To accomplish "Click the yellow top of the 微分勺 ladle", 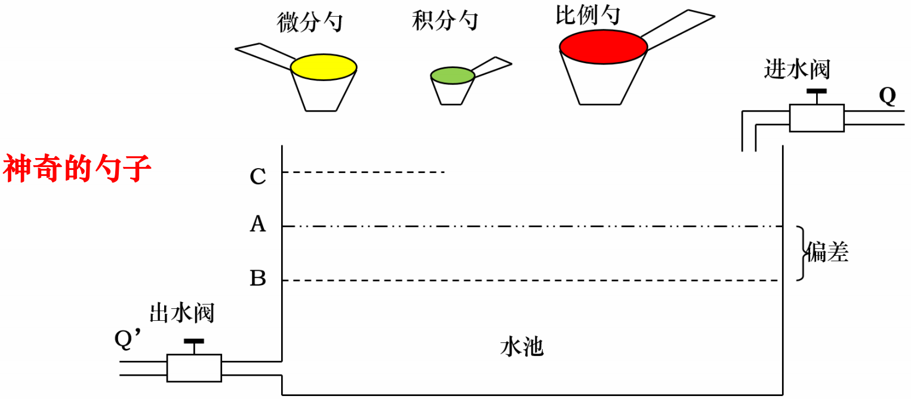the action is pos(324,67).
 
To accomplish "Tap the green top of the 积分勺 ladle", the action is pos(453,75).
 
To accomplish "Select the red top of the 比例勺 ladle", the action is pos(603,47).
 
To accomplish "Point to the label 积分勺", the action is pos(445,21).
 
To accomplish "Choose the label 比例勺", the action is pos(587,16).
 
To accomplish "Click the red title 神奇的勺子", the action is pos(77,169).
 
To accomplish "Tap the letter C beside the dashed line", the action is pos(257,177).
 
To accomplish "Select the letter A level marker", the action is pos(257,224).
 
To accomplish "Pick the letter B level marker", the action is pos(257,279).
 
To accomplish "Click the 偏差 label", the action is pos(827,253).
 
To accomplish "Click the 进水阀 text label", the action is pos(797,69).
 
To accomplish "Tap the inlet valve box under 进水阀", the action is pos(816,117).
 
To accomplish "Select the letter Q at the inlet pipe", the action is pos(887,96).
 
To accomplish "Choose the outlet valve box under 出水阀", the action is pos(193,368).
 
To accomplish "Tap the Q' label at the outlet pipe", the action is pos(127,338).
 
